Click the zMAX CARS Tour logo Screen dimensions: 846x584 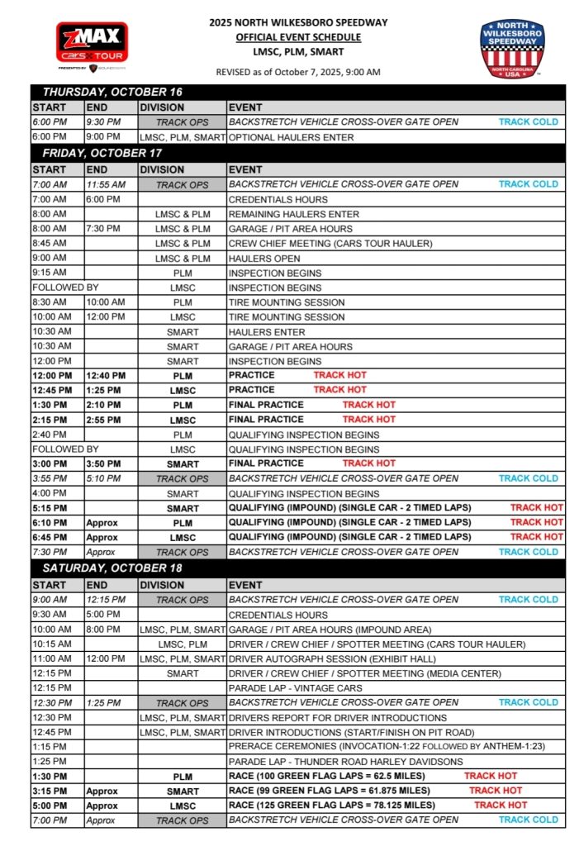coord(92,46)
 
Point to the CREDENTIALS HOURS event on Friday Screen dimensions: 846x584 coord(278,199)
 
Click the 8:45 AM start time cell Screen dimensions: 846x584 coord(50,244)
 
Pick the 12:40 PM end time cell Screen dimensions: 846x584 coord(105,375)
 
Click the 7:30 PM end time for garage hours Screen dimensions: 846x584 coord(104,229)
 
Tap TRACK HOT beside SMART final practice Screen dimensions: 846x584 coord(368,463)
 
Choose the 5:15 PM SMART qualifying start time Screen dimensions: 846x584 coord(50,508)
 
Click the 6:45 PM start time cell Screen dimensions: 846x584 coord(50,537)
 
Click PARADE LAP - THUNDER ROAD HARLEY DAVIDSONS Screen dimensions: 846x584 coord(345,761)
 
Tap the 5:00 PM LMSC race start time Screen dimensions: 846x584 coord(50,805)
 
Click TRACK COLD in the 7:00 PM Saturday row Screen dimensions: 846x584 coord(528,820)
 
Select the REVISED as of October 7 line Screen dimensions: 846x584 coord(298,72)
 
